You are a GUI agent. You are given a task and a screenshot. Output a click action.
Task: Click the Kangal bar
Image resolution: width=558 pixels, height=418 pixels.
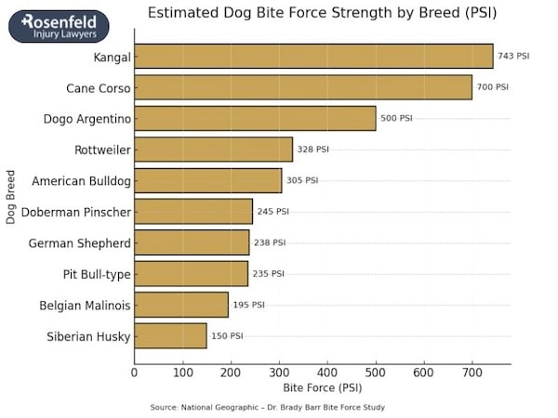313,57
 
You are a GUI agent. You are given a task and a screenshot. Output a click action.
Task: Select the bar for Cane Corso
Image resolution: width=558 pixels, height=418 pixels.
303,87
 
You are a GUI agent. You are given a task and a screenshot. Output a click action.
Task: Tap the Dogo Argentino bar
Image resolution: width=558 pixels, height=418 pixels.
255,118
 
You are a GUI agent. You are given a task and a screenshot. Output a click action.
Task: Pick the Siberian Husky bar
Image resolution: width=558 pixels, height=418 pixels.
170,335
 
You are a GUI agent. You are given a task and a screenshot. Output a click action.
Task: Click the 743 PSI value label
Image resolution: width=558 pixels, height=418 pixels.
513,57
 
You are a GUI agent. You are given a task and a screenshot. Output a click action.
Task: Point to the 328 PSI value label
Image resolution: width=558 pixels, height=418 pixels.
312,150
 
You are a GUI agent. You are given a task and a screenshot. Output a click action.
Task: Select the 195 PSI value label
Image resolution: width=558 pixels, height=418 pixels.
248,305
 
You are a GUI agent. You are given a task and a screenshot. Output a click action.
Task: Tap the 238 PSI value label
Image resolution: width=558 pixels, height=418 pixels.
270,242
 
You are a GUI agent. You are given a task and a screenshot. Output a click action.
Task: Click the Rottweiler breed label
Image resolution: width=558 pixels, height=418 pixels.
102,150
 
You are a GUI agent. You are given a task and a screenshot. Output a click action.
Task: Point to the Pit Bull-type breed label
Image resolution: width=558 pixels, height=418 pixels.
93,274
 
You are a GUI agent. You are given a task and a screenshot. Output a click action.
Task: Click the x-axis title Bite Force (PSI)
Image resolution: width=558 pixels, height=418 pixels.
323,387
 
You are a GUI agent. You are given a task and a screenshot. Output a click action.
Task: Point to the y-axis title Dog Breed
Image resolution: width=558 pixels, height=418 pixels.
11,196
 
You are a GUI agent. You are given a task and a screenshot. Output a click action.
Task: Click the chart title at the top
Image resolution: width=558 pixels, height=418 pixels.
323,13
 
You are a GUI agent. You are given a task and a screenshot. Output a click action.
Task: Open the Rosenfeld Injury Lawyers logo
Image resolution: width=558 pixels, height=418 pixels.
59,26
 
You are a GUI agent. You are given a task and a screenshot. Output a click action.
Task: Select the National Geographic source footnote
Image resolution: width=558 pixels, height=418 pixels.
267,408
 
